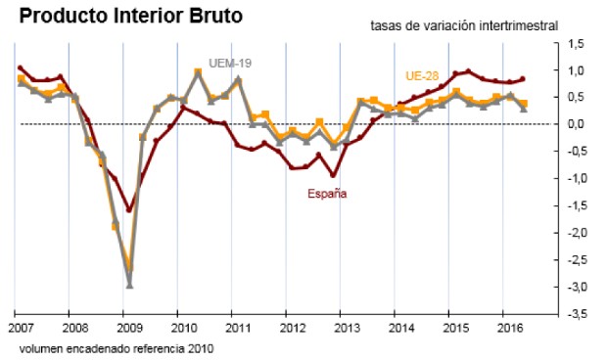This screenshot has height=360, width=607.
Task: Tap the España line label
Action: click(x=327, y=193)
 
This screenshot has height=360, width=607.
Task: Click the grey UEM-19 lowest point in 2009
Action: click(x=129, y=286)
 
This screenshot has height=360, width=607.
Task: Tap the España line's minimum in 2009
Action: click(x=129, y=209)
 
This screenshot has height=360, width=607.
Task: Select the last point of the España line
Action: click(x=523, y=79)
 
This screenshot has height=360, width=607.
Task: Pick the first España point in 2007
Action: click(x=21, y=67)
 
